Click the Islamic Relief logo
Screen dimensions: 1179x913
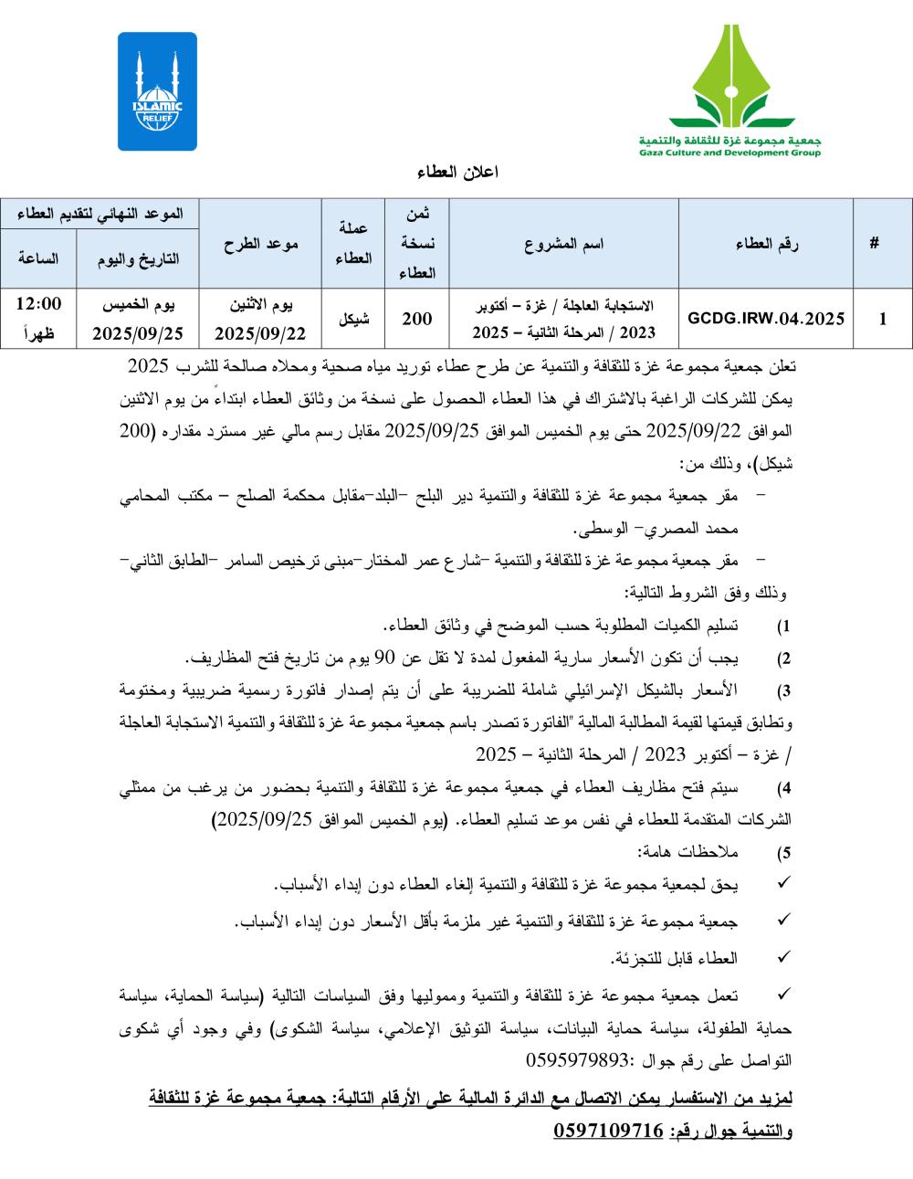(157, 91)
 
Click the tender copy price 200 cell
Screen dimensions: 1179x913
(417, 320)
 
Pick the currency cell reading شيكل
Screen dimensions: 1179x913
(353, 320)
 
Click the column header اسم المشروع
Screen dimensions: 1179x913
(564, 245)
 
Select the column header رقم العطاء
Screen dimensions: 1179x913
(767, 245)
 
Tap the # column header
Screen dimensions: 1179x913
(875, 245)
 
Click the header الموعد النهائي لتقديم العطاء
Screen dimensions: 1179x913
(100, 214)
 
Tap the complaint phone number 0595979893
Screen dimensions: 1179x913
(580, 1061)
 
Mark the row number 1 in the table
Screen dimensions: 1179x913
(881, 320)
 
